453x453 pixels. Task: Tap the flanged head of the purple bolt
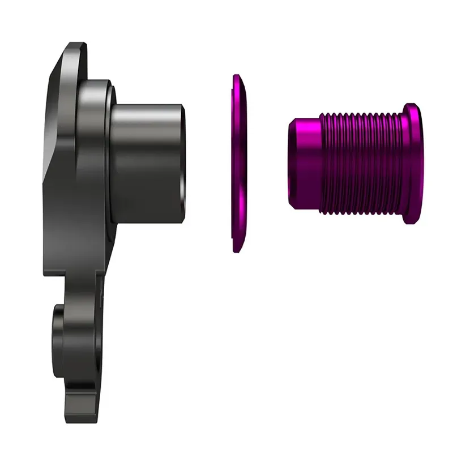tap(410, 164)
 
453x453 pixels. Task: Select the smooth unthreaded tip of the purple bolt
tap(303, 164)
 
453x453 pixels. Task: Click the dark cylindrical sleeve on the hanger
tap(147, 164)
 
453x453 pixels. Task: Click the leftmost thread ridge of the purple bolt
tap(322, 164)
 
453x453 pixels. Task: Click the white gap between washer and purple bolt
tap(266, 164)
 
